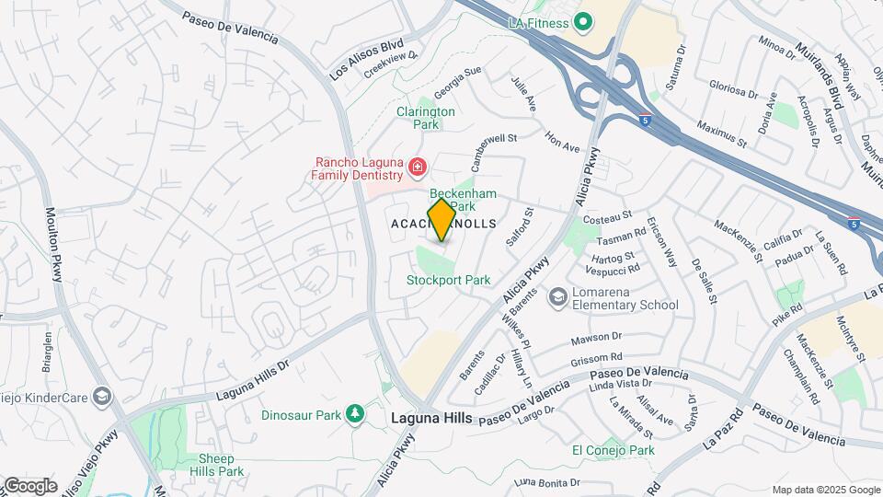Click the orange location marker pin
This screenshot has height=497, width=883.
441,219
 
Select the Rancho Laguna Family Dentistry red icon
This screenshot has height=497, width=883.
418,167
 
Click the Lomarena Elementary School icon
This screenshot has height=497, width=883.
556,296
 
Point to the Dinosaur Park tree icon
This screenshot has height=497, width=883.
355,415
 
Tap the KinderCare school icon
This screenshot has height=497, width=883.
102,396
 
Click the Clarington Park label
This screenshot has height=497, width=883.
426,118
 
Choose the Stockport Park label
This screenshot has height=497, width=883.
449,280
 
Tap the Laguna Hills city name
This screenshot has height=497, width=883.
431,418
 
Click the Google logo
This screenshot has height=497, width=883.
30,486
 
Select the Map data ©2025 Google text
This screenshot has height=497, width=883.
825,490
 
